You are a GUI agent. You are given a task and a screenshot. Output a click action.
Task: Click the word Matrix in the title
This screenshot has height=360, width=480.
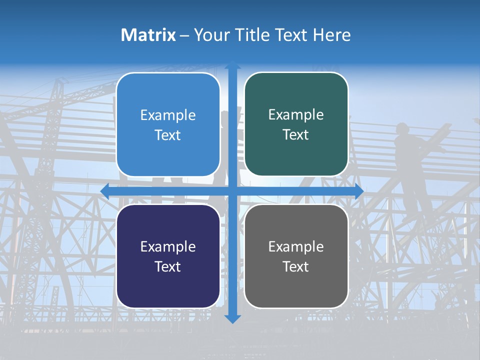click(148, 35)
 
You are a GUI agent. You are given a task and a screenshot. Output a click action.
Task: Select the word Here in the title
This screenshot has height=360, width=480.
click(331, 35)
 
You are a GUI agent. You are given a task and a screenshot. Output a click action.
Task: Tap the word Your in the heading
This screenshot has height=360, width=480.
click(211, 35)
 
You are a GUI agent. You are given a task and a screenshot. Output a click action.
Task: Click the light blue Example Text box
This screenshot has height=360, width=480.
click(168, 124)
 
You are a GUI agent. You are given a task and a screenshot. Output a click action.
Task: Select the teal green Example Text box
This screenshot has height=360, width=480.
click(296, 124)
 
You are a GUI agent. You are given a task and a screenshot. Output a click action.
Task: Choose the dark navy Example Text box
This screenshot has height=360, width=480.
click(168, 256)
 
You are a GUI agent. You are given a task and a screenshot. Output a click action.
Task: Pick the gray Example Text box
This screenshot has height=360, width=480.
click(296, 256)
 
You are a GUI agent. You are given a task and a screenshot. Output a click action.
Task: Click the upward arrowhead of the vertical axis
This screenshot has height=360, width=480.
click(232, 65)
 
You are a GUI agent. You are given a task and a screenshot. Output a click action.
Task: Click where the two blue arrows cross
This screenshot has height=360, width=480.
click(232, 191)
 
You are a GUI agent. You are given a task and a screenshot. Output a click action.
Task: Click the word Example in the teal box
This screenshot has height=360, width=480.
click(296, 115)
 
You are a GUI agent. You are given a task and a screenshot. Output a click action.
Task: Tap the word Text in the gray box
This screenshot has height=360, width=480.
click(296, 266)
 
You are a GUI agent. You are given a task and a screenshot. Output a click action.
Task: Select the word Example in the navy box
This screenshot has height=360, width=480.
click(168, 246)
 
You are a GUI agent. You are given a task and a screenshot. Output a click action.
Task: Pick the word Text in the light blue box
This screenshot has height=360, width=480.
click(168, 135)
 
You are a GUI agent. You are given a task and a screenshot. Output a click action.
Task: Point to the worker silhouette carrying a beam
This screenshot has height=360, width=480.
click(410, 150)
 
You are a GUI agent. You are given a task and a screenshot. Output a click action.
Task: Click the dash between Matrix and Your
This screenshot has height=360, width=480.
click(184, 35)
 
